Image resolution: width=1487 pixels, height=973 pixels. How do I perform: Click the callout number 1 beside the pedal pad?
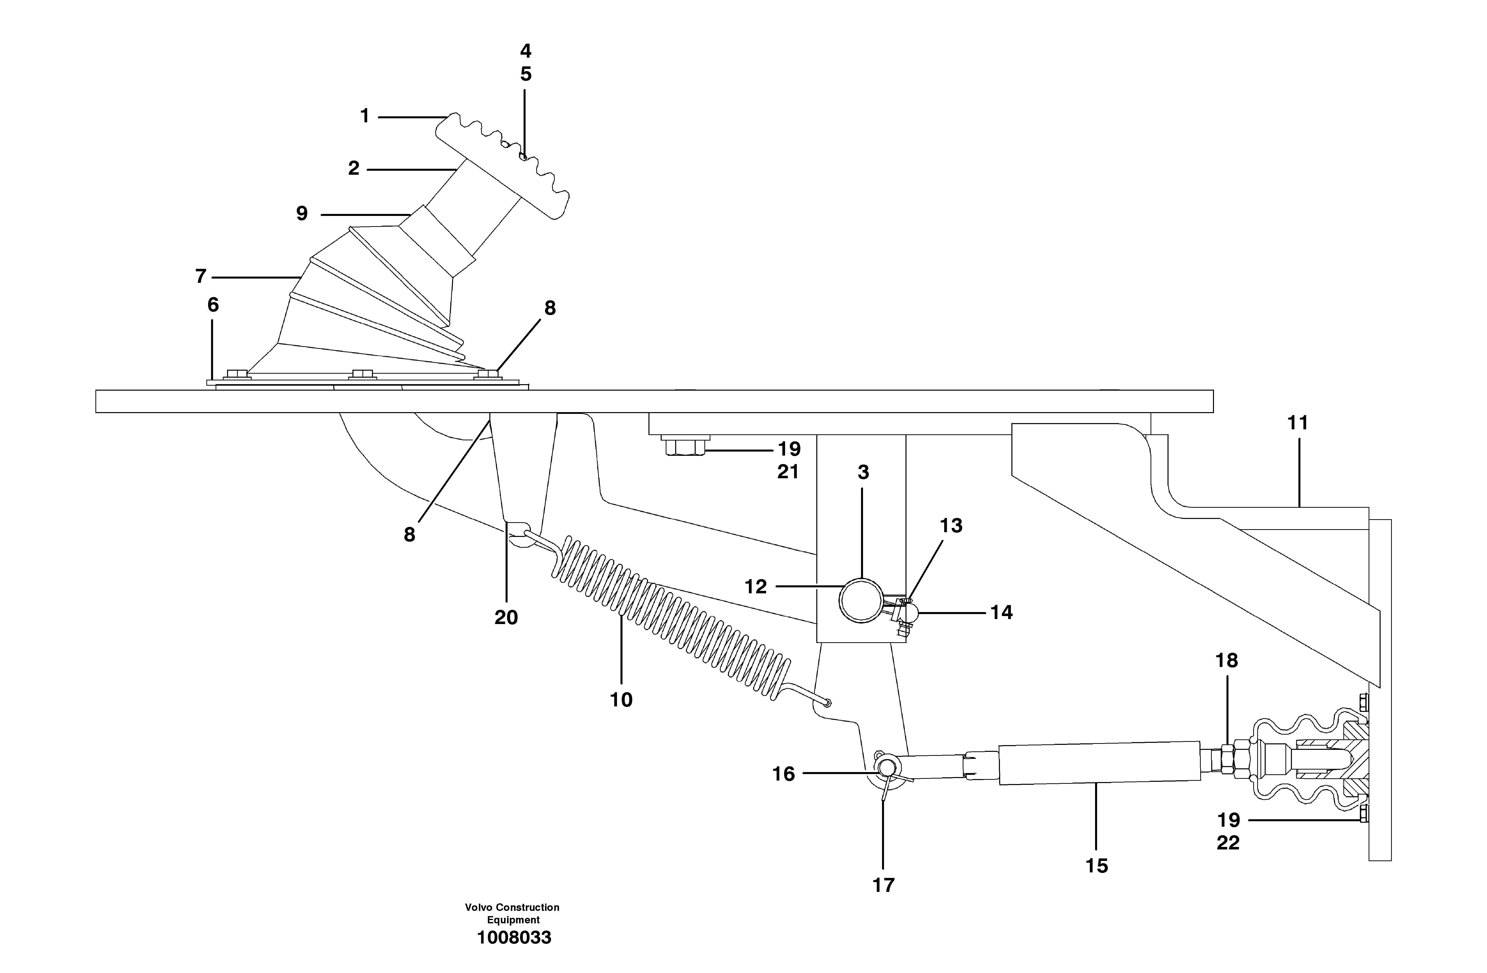coord(365,116)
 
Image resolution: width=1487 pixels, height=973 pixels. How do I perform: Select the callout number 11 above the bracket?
coord(1298,423)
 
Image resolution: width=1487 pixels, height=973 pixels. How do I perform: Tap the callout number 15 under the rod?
coord(1097,866)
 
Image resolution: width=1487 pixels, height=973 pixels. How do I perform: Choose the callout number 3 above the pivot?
coord(863,473)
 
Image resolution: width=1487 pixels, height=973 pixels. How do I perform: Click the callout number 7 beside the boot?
coord(201,276)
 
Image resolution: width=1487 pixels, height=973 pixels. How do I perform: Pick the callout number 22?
coord(1228,843)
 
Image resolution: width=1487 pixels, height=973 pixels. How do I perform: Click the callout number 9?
coord(302,214)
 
